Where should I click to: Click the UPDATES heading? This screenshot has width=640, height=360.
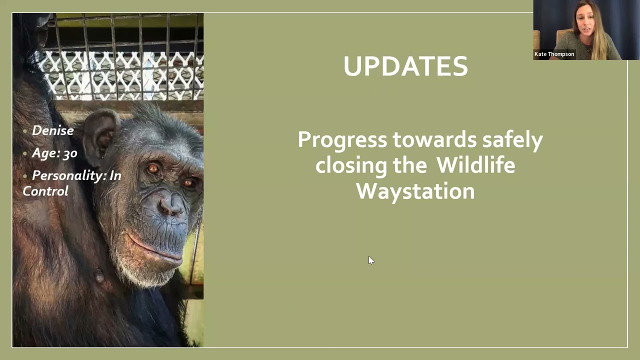pyautogui.click(x=405, y=66)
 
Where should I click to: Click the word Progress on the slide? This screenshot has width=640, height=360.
pyautogui.click(x=342, y=139)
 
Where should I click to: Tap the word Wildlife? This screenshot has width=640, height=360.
pyautogui.click(x=475, y=165)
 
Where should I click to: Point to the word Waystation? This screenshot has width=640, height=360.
pyautogui.click(x=415, y=191)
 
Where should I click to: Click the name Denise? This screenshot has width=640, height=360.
pyautogui.click(x=52, y=130)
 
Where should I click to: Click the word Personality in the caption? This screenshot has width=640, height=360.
pyautogui.click(x=69, y=175)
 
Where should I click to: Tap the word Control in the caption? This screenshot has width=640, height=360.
pyautogui.click(x=45, y=191)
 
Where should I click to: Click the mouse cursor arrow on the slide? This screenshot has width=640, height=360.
pyautogui.click(x=370, y=260)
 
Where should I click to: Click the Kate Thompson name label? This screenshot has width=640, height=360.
pyautogui.click(x=554, y=54)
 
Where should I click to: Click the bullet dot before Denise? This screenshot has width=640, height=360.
pyautogui.click(x=25, y=131)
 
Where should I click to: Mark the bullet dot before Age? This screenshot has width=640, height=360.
pyautogui.click(x=25, y=153)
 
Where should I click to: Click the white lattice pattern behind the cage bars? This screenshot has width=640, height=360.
pyautogui.click(x=120, y=75)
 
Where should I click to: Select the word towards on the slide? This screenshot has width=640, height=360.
pyautogui.click(x=434, y=139)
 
